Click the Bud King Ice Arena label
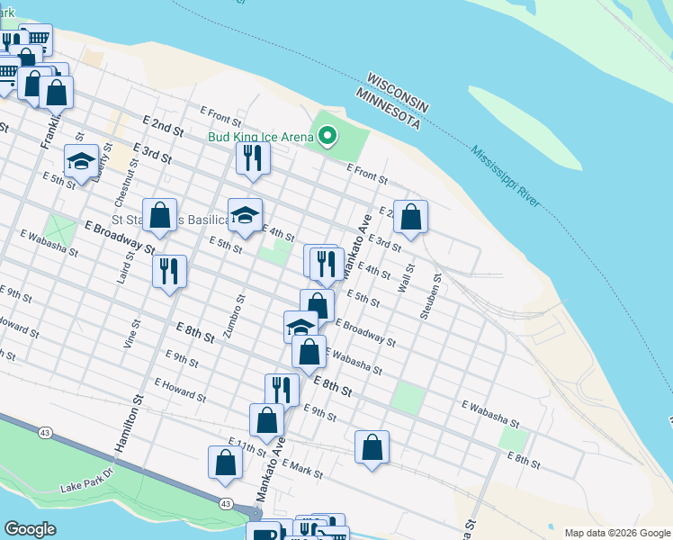(261, 137)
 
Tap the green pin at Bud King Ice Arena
(328, 137)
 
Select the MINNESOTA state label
(388, 106)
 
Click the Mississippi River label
(505, 176)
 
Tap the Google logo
(30, 528)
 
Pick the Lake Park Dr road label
(88, 481)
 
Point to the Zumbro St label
(235, 316)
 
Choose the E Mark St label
(301, 466)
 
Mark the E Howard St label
(180, 390)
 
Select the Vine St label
(130, 334)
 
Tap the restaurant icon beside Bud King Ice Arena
(253, 158)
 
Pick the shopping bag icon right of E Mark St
(372, 447)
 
